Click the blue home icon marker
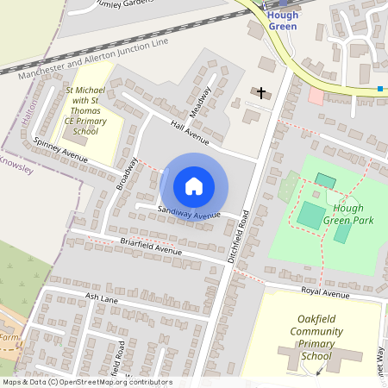click(x=194, y=185)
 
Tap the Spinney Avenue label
click(x=60, y=148)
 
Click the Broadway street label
click(x=127, y=174)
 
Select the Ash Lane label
click(x=101, y=297)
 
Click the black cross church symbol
click(x=260, y=92)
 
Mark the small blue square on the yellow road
click(x=379, y=88)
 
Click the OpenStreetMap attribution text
click(x=87, y=382)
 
